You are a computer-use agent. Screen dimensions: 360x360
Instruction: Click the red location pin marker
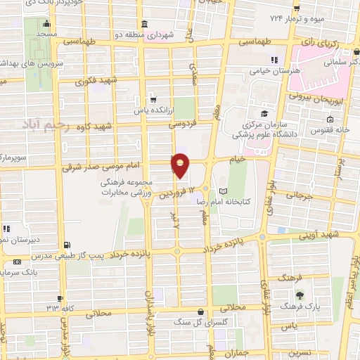[x=181, y=165]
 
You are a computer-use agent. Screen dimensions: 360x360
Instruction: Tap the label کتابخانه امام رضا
[x=257, y=191]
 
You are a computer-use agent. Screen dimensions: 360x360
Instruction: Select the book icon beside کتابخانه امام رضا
[x=224, y=191]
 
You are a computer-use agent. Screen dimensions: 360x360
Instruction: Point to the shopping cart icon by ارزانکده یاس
[x=153, y=100]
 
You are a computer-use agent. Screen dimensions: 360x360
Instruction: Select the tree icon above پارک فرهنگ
[x=300, y=295]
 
